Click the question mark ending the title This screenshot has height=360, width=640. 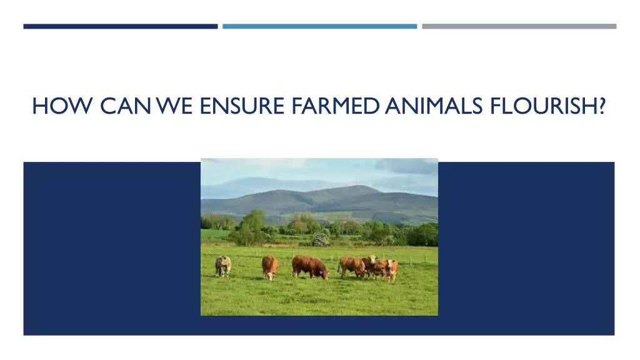click(x=601, y=107)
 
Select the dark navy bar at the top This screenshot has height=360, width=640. click(x=121, y=26)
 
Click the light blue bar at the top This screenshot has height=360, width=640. click(x=319, y=26)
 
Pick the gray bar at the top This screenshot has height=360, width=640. click(x=519, y=26)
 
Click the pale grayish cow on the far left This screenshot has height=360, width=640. click(x=223, y=266)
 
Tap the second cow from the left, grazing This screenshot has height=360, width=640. click(x=270, y=267)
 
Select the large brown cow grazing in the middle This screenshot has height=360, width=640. click(x=309, y=267)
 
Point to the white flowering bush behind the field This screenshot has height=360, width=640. click(x=321, y=239)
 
